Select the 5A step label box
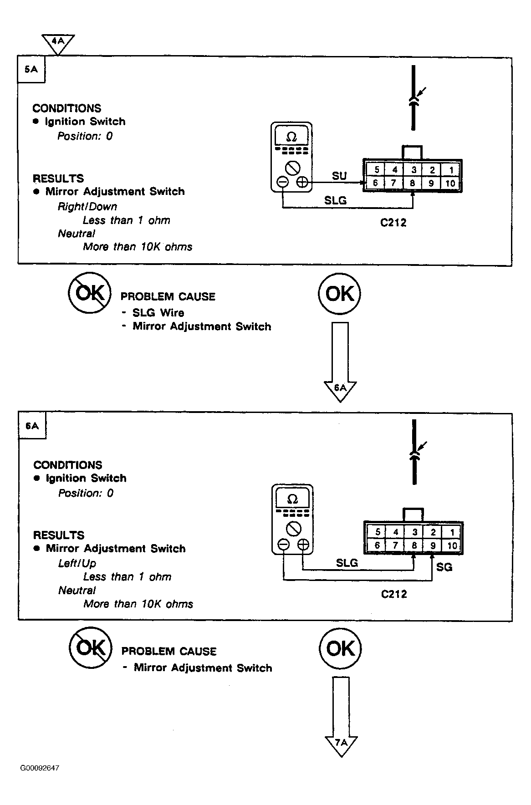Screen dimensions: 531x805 [x=31, y=70]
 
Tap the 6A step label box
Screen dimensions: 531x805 [x=32, y=426]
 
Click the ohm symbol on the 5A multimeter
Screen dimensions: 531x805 [x=291, y=137]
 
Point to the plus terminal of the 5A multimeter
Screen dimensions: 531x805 [x=302, y=183]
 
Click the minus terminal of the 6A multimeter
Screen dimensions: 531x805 [x=284, y=544]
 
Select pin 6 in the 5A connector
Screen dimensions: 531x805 [x=375, y=183]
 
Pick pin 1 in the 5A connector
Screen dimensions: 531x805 [x=451, y=170]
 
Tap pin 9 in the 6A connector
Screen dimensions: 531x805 [x=433, y=545]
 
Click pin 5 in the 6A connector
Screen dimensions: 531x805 [x=378, y=532]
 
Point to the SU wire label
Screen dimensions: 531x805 [x=339, y=176]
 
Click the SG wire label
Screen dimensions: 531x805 [x=444, y=567]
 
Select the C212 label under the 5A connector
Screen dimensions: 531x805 [x=393, y=223]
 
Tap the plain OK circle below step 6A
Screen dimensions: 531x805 [x=340, y=648]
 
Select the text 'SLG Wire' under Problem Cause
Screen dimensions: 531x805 [x=158, y=313]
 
